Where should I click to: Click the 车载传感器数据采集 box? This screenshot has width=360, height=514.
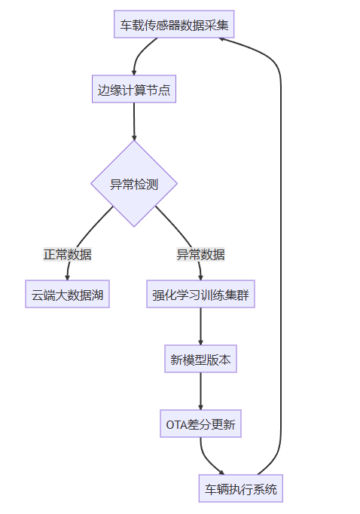click(174, 24)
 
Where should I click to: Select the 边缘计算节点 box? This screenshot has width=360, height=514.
click(134, 89)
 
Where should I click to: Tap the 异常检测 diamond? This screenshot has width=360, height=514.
click(134, 184)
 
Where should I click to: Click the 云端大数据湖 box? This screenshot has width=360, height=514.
click(67, 294)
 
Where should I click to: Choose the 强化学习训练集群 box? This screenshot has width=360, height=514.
click(200, 294)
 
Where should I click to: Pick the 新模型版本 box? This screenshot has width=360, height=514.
click(200, 359)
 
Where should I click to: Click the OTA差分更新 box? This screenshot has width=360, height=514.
click(200, 424)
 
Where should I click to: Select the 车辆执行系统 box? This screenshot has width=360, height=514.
click(241, 488)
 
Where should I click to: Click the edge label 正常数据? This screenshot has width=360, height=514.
click(67, 255)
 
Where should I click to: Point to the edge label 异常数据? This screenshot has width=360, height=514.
click(200, 255)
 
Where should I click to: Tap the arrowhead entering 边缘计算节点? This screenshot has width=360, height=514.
click(134, 73)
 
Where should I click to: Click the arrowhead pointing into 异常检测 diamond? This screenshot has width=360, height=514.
click(134, 138)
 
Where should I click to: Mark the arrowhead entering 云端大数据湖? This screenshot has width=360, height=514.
click(67, 278)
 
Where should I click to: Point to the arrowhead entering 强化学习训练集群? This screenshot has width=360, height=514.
click(200, 278)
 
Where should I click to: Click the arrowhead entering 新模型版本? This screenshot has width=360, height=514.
click(200, 343)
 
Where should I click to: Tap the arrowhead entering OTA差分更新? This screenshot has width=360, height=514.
click(200, 408)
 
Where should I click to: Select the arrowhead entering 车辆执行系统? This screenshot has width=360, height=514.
click(221, 473)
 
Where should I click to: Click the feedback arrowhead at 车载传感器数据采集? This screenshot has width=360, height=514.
click(221, 39)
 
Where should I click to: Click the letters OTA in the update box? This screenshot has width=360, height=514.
click(176, 424)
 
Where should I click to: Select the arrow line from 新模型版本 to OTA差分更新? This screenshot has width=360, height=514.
click(200, 391)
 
